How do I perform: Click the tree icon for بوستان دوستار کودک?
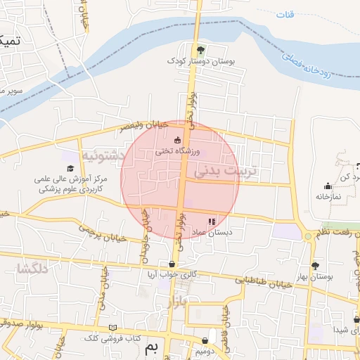[200, 49]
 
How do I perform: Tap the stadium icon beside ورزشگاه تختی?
[176, 140]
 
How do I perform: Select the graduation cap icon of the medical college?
[70, 168]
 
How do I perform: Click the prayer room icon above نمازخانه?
[327, 186]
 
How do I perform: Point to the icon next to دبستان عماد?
[212, 221]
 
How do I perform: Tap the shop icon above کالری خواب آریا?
[172, 264]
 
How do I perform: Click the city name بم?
[151, 348]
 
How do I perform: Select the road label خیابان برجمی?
[103, 233]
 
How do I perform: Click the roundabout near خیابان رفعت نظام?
[308, 236]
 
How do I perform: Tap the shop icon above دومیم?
[205, 340]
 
